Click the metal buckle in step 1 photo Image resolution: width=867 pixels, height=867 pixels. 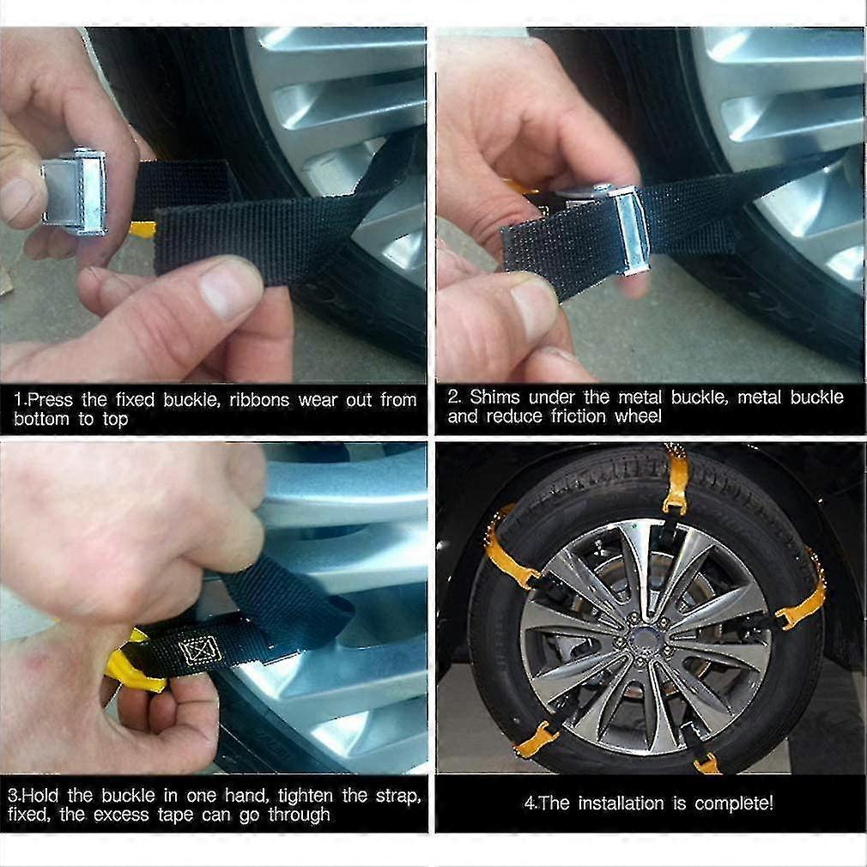pos(76,191)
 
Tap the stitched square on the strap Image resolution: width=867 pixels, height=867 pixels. pos(200,651)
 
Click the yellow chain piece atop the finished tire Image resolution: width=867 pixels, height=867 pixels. pos(676,476)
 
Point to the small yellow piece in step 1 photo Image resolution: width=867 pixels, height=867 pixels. pos(142,229)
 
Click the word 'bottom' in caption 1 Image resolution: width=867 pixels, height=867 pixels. pos(41,419)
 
